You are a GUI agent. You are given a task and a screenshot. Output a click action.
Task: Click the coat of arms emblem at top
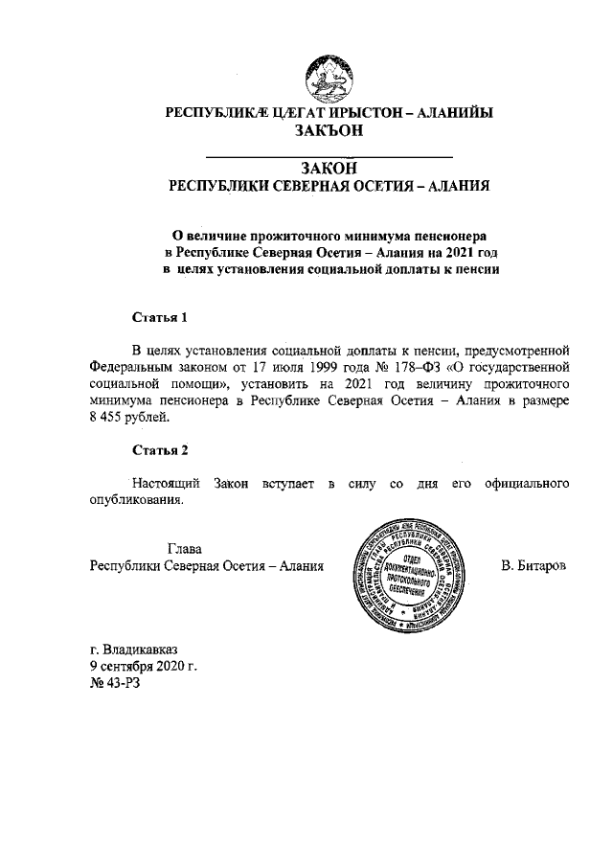pos(329,76)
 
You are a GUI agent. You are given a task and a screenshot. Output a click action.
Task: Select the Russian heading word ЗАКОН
pos(329,168)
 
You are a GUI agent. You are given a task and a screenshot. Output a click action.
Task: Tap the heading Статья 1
pos(156,316)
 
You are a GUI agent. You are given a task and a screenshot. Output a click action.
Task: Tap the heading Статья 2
pos(156,451)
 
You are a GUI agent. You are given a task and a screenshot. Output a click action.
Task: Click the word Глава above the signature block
pos(185,549)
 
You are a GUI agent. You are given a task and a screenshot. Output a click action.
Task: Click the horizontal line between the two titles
pos(329,154)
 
